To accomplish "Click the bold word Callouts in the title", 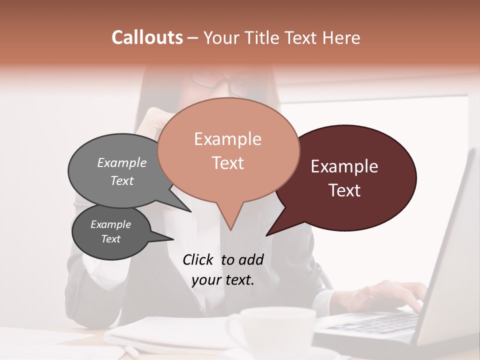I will (x=147, y=37).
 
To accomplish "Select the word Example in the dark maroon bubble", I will (x=344, y=166).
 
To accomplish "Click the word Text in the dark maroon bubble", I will (x=344, y=190).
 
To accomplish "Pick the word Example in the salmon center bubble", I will (x=227, y=139).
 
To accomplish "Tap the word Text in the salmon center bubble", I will (x=227, y=163).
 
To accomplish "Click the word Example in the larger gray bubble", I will (x=122, y=163).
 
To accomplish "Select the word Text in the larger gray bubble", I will (x=122, y=180).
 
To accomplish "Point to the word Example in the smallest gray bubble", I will (x=110, y=224).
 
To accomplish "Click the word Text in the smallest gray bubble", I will (x=110, y=239).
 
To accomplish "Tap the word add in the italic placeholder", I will (x=250, y=259).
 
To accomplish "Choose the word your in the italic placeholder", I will (x=206, y=280).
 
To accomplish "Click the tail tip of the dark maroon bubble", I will (x=267, y=235).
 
